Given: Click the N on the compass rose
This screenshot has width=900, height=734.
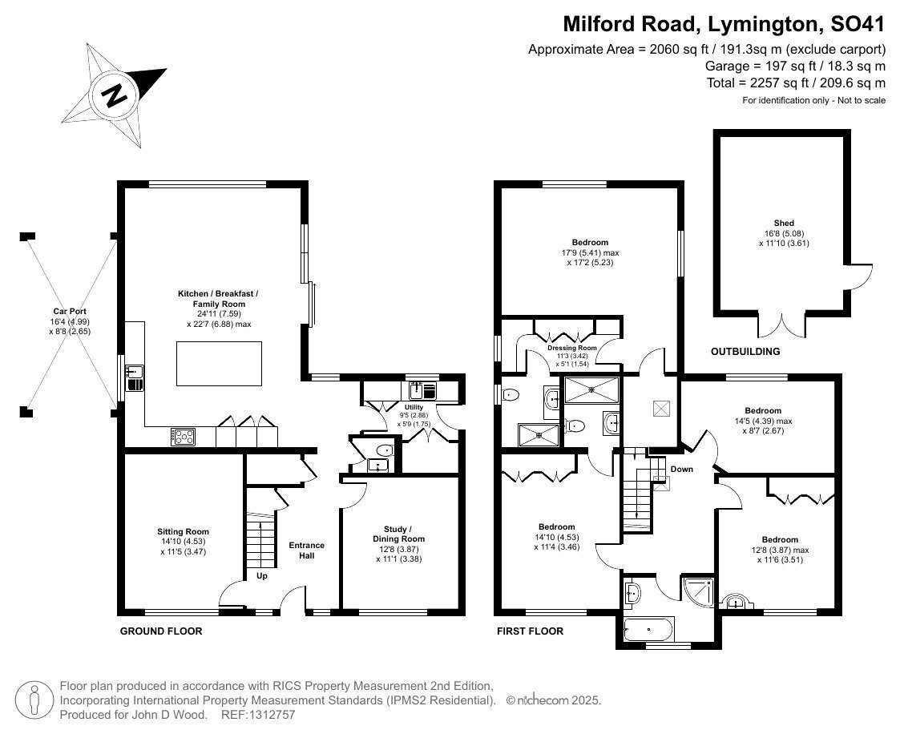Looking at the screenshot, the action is [x=115, y=95].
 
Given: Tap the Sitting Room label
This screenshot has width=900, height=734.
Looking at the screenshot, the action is [x=183, y=531].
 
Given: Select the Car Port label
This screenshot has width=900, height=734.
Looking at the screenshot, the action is [x=70, y=311].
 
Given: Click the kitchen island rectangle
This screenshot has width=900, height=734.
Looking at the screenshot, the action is [x=219, y=364].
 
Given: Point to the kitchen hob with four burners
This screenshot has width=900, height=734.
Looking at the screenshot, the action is [x=183, y=437].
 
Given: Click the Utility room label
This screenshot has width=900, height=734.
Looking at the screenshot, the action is [x=414, y=407].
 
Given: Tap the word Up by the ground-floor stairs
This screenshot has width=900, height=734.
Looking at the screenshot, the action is [x=262, y=575].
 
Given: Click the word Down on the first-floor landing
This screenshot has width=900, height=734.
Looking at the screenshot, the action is [x=682, y=469].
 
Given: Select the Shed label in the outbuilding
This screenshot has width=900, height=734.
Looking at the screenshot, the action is [x=784, y=224].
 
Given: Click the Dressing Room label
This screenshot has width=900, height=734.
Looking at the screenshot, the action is [x=571, y=348].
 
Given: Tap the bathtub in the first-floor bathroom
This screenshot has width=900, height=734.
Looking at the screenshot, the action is [x=648, y=630].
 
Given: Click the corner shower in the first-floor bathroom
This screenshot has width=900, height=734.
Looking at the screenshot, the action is [x=699, y=591].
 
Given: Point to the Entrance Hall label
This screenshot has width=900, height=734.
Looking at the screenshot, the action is [x=306, y=550].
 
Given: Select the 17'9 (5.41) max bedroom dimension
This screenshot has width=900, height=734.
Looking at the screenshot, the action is [x=590, y=252].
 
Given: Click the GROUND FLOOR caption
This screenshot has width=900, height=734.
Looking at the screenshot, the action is [x=161, y=631].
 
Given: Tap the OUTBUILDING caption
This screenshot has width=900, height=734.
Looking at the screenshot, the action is [x=745, y=351].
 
